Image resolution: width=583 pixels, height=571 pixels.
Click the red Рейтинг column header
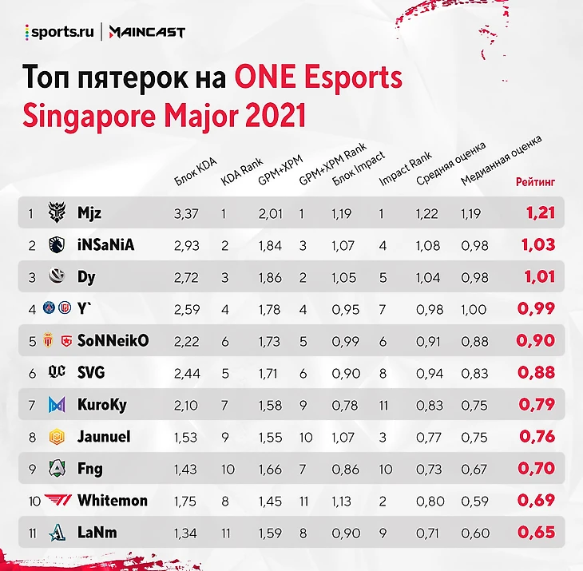535,182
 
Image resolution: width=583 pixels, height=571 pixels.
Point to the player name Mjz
89,213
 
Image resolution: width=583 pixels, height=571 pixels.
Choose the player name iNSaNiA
105,245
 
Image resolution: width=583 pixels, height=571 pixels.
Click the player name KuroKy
102,405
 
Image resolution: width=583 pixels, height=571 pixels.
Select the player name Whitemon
113,501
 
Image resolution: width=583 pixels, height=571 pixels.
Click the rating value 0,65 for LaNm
536,533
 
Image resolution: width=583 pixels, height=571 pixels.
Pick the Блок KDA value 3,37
185,213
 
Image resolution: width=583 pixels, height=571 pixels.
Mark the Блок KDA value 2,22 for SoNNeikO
185,341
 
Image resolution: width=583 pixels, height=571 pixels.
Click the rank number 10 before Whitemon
32,501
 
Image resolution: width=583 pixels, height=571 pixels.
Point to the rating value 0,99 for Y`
536,309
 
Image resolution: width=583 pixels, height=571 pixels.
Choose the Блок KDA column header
195,172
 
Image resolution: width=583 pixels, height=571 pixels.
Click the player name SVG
91,373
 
